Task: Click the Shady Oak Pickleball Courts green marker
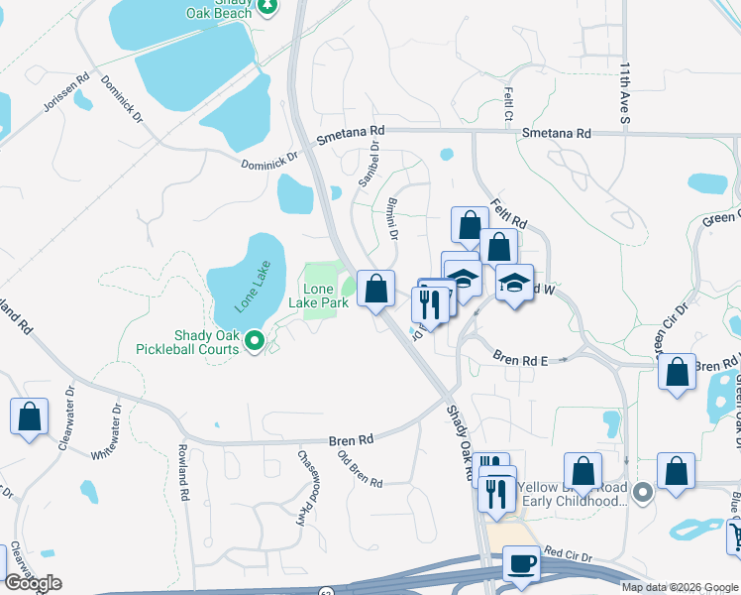click(255, 341)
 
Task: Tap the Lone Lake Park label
click(318, 295)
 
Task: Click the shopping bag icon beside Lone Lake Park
click(375, 290)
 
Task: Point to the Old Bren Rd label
click(360, 469)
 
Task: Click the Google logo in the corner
click(33, 583)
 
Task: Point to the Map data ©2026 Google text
click(679, 587)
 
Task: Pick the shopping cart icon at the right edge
click(734, 536)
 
